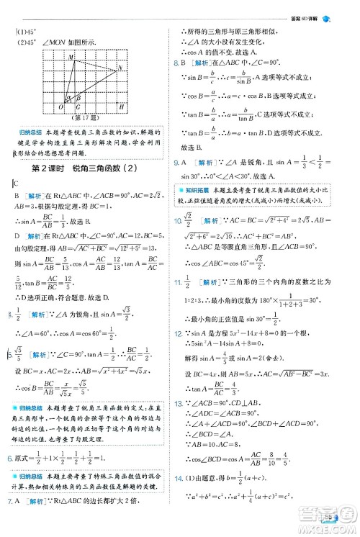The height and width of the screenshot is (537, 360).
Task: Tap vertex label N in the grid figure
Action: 120,68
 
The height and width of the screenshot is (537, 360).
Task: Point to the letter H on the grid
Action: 120,107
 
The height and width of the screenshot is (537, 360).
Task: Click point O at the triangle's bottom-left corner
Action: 60,108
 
